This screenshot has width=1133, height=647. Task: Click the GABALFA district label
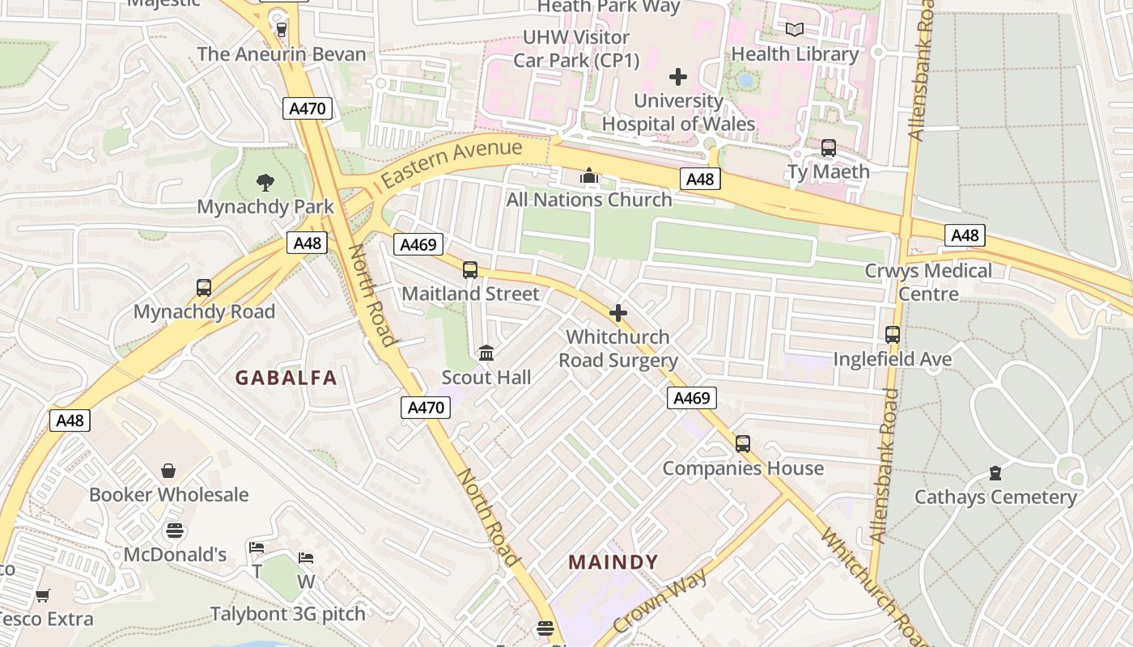(x=286, y=377)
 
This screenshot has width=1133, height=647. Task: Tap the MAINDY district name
(x=613, y=561)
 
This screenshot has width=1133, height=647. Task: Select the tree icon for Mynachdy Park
(x=265, y=183)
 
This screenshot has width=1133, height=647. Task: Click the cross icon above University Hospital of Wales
(x=678, y=77)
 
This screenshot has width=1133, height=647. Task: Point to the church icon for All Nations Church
(x=589, y=175)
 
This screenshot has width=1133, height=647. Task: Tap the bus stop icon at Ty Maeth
(x=828, y=148)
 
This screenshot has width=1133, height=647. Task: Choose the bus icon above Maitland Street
(x=470, y=270)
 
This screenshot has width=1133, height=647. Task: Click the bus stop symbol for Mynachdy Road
(x=204, y=288)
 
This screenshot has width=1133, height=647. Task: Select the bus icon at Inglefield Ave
(x=893, y=335)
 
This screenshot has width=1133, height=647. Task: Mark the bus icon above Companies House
(x=743, y=444)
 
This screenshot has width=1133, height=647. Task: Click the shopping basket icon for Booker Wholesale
(x=168, y=471)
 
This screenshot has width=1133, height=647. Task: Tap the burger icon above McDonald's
(x=175, y=531)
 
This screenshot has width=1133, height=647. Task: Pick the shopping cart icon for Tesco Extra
(x=43, y=596)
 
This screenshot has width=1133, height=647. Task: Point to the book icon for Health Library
(x=795, y=30)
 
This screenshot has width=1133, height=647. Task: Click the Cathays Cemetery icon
(x=995, y=473)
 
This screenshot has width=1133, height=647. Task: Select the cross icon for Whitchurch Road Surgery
(x=618, y=313)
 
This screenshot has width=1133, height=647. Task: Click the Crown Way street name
(x=660, y=601)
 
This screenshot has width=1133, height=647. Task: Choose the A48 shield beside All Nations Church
(x=699, y=179)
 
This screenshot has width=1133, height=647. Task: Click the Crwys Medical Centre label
(x=928, y=281)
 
